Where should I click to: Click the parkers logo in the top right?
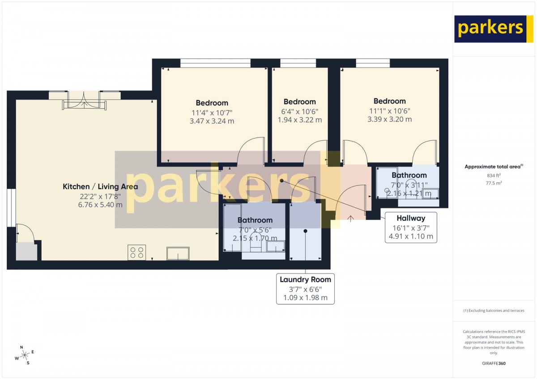coord(490,29)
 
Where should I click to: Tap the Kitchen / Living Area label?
coord(100,186)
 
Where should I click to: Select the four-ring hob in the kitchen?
coord(136,253)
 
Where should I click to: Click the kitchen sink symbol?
coord(178,253)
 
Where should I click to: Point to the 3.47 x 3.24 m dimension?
coord(212,121)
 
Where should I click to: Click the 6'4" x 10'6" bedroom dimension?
coord(300,112)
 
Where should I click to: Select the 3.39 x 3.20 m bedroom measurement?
coord(390,119)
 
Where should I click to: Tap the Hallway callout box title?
coord(411,218)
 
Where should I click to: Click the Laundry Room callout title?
coord(305,279)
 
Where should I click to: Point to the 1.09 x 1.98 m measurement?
coord(305,298)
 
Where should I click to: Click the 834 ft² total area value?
coord(494,176)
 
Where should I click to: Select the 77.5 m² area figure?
coord(494,183)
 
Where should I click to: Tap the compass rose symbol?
coord(24,355)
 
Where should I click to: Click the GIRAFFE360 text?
coord(494,363)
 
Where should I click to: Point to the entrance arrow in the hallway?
coord(350,219)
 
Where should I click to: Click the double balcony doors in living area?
coord(84,101)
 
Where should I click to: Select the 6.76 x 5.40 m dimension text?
coord(100,205)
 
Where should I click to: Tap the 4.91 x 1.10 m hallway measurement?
coord(411,236)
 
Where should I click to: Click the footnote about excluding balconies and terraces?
coord(494,311)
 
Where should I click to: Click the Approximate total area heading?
coord(494,167)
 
